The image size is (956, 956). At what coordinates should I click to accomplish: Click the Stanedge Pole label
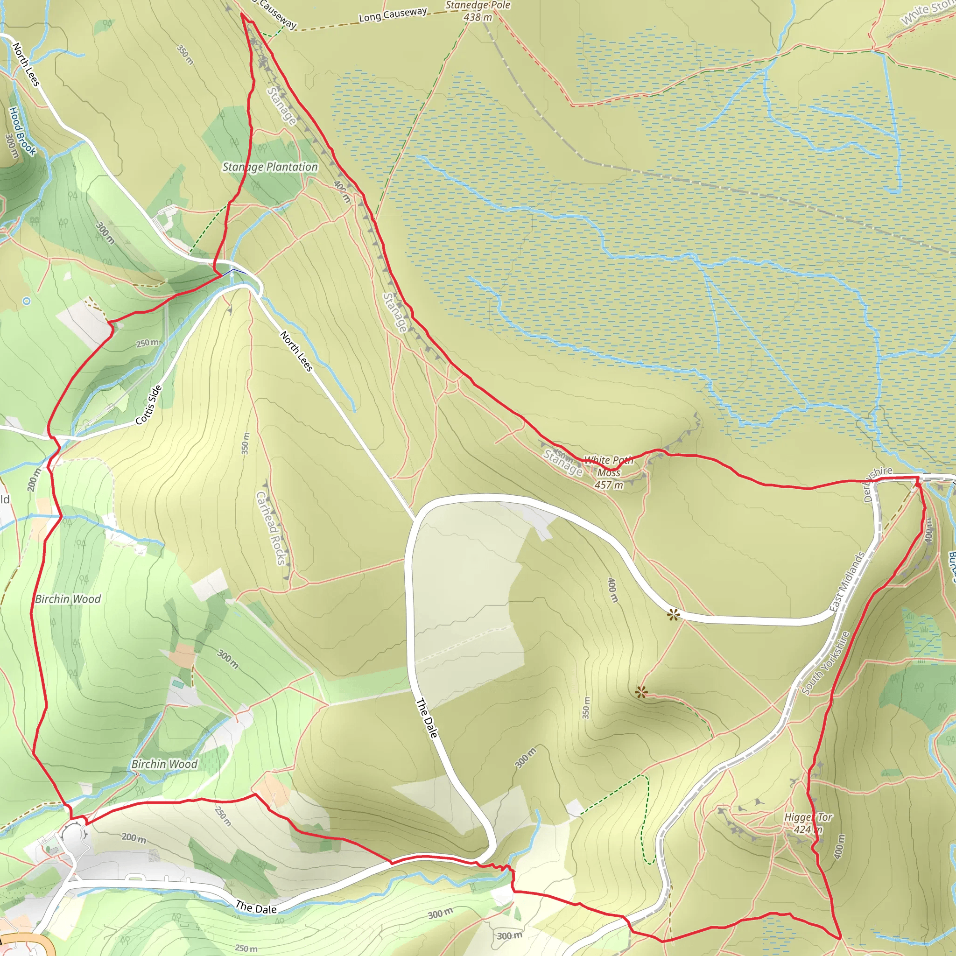tap(477, 6)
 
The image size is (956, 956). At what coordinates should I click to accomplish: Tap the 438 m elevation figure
tap(478, 17)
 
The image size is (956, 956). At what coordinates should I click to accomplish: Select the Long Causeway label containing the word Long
tap(393, 14)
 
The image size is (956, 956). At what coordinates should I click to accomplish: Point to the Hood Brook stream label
tap(23, 131)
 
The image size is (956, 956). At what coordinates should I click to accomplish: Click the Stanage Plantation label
tap(270, 167)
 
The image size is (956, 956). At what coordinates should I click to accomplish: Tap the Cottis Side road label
tap(148, 405)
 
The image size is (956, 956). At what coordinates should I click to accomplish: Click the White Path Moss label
tap(609, 466)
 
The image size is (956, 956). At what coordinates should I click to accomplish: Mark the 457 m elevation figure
tap(609, 485)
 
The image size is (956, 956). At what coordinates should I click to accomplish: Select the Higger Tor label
tap(808, 817)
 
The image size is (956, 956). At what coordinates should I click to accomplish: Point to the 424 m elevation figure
tap(808, 829)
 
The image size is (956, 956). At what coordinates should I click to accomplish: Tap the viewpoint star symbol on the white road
tap(673, 615)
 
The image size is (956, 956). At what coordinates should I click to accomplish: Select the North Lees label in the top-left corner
tap(26, 64)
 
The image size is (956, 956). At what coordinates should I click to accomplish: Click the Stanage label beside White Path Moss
tap(562, 462)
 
